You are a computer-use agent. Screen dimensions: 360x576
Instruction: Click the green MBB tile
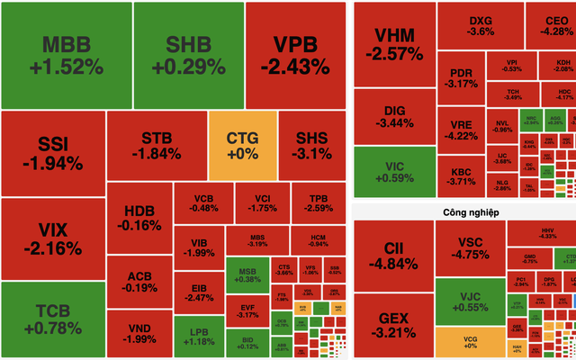pyautogui.click(x=67, y=55)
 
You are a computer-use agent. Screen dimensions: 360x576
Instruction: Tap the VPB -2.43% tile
pyautogui.click(x=295, y=55)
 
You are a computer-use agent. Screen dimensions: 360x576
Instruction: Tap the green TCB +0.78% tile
pyautogui.click(x=53, y=319)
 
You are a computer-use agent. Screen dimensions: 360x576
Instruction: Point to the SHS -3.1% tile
pyautogui.click(x=310, y=145)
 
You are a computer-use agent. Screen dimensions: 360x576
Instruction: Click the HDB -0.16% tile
pyautogui.click(x=139, y=219)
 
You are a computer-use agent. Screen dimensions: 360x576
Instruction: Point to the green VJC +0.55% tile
pyautogui.click(x=469, y=301)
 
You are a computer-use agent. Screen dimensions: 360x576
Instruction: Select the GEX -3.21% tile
pyautogui.click(x=393, y=325)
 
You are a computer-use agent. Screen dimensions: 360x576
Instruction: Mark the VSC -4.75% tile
pyautogui.click(x=469, y=247)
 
